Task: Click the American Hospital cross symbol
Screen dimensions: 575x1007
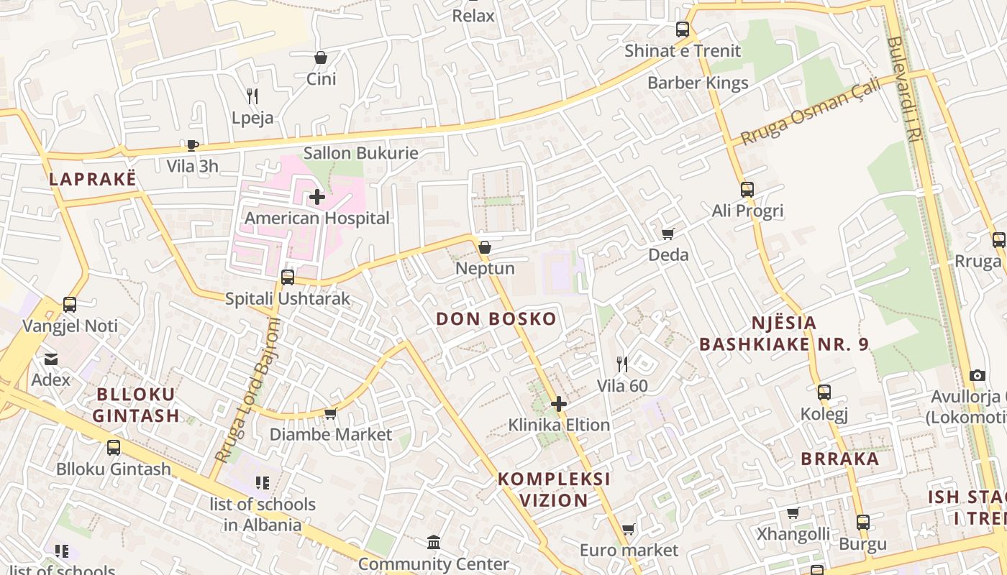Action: [317, 197]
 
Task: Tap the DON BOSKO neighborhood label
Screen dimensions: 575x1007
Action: [496, 319]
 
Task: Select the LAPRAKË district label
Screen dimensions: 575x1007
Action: [92, 180]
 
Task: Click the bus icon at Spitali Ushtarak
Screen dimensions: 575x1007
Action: [288, 277]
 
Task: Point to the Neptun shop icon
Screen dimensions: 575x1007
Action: [485, 247]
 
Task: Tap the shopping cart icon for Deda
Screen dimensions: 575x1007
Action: [668, 234]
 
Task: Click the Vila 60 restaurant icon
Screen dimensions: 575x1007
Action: [622, 364]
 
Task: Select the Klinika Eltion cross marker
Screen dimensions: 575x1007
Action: [559, 404]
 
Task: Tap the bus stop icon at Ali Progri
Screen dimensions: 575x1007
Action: [747, 190]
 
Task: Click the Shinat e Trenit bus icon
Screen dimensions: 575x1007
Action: [683, 29]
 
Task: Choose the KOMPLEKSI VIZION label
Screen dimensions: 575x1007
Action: [554, 489]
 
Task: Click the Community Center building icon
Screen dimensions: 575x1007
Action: [434, 542]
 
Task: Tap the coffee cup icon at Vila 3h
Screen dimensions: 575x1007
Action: [192, 145]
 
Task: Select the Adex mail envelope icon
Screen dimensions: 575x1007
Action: [51, 359]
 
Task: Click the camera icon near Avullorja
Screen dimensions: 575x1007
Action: [977, 375]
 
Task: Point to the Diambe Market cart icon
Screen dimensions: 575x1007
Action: [331, 413]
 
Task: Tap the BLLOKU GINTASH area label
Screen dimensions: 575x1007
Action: [136, 405]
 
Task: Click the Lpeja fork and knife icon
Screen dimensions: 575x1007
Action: [252, 96]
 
